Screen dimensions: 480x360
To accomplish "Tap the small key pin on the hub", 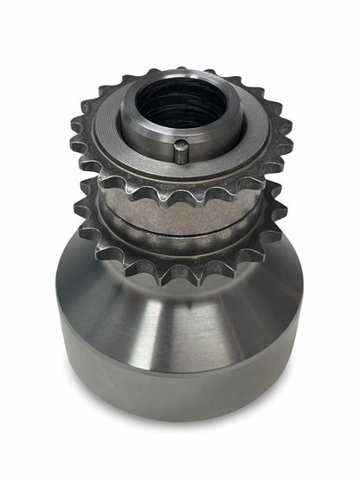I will point(178,153).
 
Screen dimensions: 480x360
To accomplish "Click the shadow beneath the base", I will point(182,424).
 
